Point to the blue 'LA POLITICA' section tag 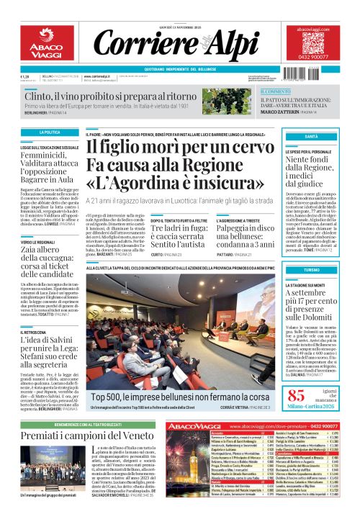[50, 132]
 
